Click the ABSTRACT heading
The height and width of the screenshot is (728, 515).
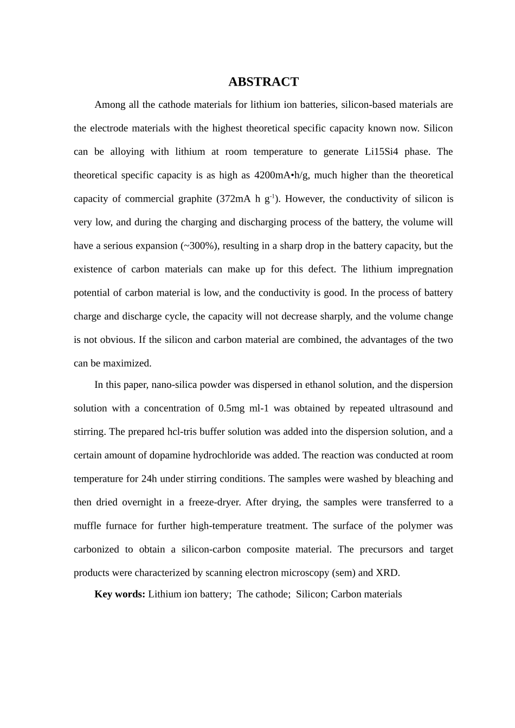263,82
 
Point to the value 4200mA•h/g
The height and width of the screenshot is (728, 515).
281,175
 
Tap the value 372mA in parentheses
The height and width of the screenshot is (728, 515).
234,199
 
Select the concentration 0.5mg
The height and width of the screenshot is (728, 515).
231,408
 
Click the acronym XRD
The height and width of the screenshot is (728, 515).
387,573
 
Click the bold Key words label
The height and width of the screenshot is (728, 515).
119,594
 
